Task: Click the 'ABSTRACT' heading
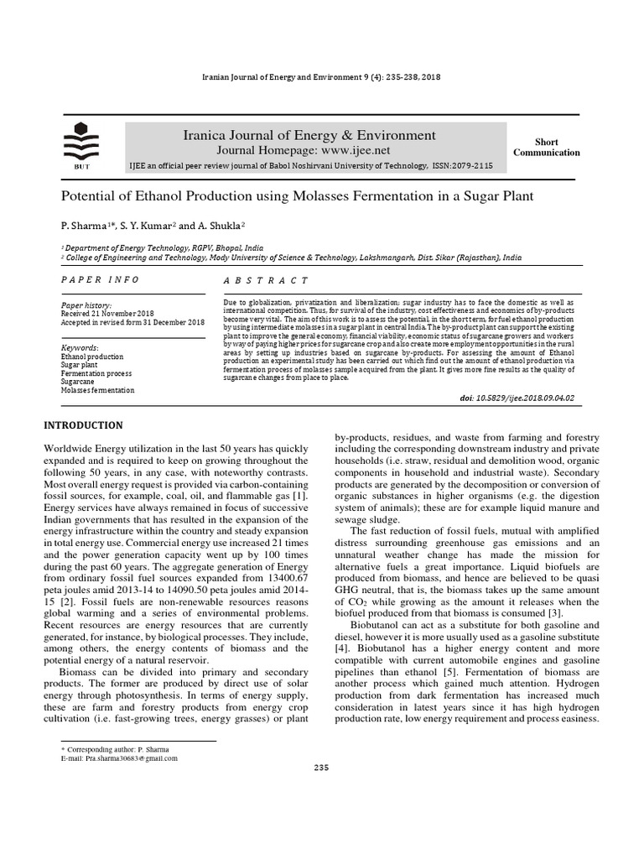[267, 280]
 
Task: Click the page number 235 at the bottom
[322, 768]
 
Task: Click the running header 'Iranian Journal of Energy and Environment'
[281, 77]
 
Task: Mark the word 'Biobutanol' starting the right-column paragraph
[379, 625]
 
